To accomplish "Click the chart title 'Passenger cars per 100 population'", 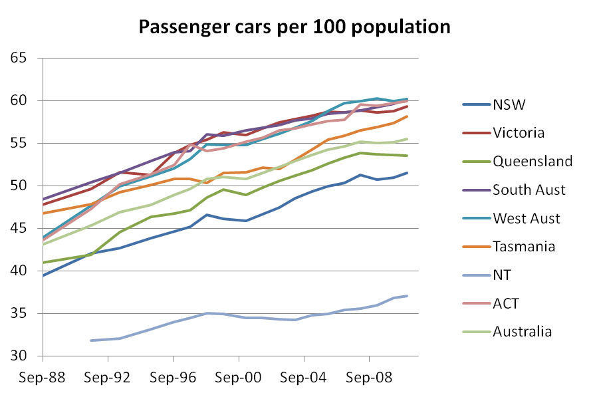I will [294, 27].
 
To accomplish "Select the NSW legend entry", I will [509, 104].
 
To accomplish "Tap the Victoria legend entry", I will [518, 132].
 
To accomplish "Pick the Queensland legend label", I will [532, 161].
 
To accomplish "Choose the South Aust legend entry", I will [529, 190].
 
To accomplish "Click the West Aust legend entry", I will [527, 218].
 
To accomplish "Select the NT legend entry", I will [502, 275].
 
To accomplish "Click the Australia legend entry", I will [522, 331].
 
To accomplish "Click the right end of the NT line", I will [408, 296].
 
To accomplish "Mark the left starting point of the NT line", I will [91, 340].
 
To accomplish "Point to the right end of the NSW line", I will [408, 173].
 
